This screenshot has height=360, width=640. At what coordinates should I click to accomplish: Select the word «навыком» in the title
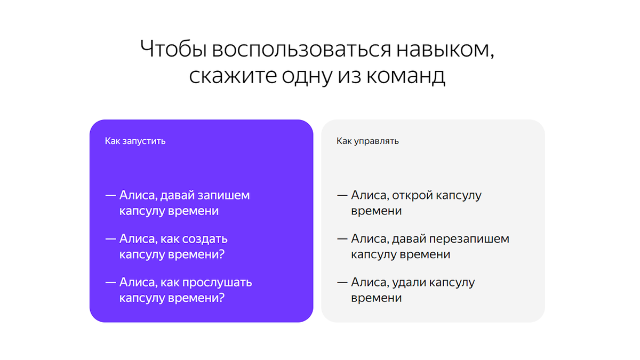click(x=449, y=50)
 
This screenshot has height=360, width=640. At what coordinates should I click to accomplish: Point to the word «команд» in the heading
click(x=405, y=76)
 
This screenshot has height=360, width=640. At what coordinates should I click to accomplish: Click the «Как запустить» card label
click(x=135, y=141)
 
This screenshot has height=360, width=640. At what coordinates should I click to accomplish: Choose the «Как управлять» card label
click(x=367, y=141)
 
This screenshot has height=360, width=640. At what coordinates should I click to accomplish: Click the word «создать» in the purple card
click(x=205, y=238)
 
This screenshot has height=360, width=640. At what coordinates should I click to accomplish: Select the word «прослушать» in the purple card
click(x=217, y=282)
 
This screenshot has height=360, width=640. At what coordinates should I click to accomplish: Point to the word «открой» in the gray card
click(x=412, y=195)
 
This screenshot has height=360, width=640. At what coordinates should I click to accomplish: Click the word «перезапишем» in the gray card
click(x=469, y=238)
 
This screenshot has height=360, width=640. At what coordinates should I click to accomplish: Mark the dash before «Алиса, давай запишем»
click(x=110, y=195)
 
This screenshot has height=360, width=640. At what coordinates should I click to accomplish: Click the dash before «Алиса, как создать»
click(x=110, y=238)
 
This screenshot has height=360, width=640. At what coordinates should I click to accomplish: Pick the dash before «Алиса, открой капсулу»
click(x=342, y=195)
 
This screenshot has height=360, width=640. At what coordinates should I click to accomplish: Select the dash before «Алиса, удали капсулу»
click(x=342, y=282)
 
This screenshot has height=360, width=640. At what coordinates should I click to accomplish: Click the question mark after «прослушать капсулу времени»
click(x=222, y=298)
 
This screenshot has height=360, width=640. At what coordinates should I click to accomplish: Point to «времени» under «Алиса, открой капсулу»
click(x=376, y=211)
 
